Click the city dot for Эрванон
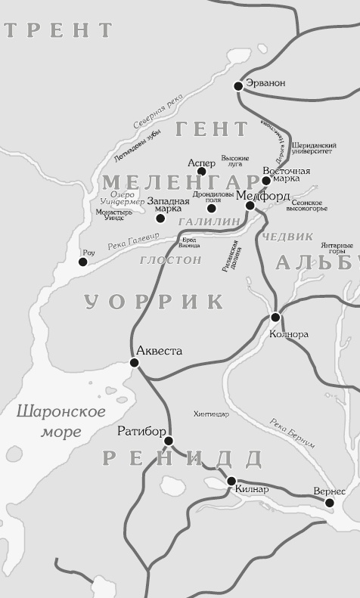pyautogui.click(x=238, y=86)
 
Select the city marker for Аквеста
pyautogui.click(x=135, y=363)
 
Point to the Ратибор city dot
pyautogui.click(x=169, y=441)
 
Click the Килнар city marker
pyautogui.click(x=231, y=480)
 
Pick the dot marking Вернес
pyautogui.click(x=329, y=502)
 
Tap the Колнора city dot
pyautogui.click(x=275, y=317)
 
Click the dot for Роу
pyautogui.click(x=83, y=262)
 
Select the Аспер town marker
pyautogui.click(x=202, y=172)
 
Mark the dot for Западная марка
pyautogui.click(x=160, y=218)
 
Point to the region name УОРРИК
pyautogui.click(x=154, y=302)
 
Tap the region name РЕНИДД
pyautogui.click(x=182, y=458)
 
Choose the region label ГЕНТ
pyautogui.click(x=212, y=129)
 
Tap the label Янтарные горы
pyautogui.click(x=337, y=249)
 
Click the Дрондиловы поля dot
pyautogui.click(x=212, y=209)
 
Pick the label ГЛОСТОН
pyautogui.click(x=170, y=260)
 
